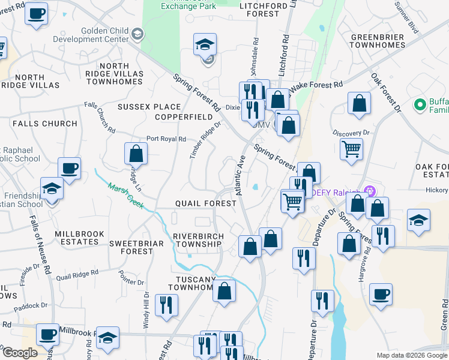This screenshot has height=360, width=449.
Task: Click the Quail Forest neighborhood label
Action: (x=206, y=203)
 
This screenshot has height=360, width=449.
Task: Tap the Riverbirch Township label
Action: (x=197, y=240)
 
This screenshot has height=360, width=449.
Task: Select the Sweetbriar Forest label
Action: (x=131, y=247)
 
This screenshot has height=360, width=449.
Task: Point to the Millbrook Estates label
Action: (x=79, y=238)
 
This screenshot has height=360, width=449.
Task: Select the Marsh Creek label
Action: (x=125, y=196)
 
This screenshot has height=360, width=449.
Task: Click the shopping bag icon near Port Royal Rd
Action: (x=136, y=154)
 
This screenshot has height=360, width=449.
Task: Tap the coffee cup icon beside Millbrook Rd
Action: (x=48, y=334)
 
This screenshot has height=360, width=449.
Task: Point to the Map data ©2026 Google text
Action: (x=411, y=355)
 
